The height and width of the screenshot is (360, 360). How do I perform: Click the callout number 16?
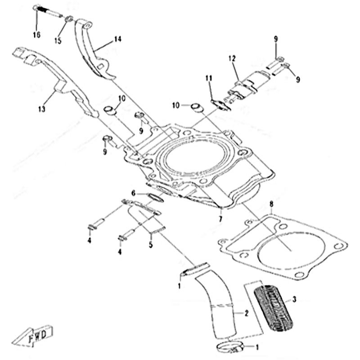36,35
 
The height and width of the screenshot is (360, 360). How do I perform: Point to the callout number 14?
117,40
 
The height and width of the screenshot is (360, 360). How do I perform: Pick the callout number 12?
232,58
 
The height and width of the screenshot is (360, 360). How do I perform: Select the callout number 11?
209,78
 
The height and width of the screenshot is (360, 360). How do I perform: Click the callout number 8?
271,205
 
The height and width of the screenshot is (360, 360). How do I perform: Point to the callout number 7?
220,219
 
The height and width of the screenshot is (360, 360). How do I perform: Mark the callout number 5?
151,245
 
